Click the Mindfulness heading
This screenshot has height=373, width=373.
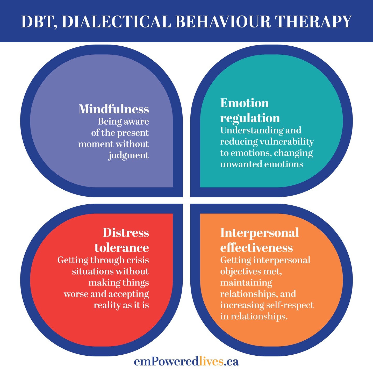pos(114,109)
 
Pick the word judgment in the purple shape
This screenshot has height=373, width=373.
pos(128,155)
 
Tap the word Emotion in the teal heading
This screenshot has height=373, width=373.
pos(245,103)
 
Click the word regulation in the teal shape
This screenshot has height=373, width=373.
pos(250,118)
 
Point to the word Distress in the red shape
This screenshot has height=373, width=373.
pos(126,233)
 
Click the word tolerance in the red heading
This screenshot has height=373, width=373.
pos(121,248)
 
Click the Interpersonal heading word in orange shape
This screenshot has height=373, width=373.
pos(260,233)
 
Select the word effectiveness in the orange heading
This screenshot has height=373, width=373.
pos(256,248)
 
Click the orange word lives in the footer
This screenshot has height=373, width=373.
pos(211,361)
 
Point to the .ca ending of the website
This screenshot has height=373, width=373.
pos(231,362)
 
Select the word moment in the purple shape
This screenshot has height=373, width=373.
pos(96,144)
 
